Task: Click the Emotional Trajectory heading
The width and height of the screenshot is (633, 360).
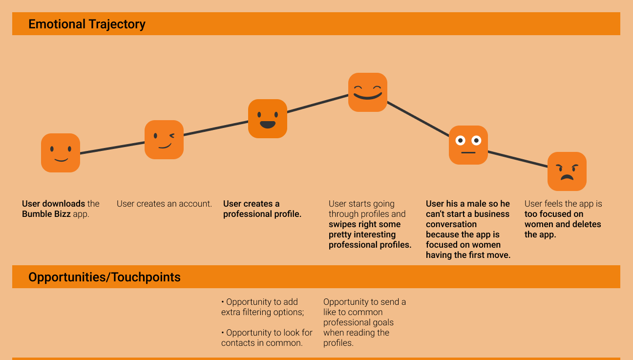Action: point(87,24)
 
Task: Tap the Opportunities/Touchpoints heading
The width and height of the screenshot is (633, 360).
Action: point(105,277)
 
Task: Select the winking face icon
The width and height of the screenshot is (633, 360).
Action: point(164,140)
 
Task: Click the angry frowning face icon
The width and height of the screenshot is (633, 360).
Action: point(567,171)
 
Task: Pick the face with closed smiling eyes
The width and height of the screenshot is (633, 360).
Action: point(368,92)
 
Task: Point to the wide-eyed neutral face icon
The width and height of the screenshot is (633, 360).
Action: point(468,145)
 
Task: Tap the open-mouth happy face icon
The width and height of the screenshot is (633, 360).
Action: point(268,119)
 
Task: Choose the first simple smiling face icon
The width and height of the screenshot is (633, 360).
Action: point(61,153)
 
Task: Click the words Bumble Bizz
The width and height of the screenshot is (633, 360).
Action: point(46,214)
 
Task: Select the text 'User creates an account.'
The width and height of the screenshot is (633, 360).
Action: point(164,204)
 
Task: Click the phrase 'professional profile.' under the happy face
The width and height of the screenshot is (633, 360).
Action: point(262,214)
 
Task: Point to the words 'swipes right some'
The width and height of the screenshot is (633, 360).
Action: point(364,224)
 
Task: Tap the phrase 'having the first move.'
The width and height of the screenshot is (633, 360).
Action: point(468,255)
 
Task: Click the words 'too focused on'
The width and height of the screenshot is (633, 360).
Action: point(554,214)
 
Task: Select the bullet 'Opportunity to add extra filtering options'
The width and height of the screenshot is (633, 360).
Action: point(262,307)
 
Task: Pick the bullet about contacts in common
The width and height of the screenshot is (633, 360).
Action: point(267,338)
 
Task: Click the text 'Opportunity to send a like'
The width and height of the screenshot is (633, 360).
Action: point(364,307)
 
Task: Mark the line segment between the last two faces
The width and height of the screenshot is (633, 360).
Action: point(518,159)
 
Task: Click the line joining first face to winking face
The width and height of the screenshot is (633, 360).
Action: point(112,148)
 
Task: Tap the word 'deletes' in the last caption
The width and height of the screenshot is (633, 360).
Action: point(586,224)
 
